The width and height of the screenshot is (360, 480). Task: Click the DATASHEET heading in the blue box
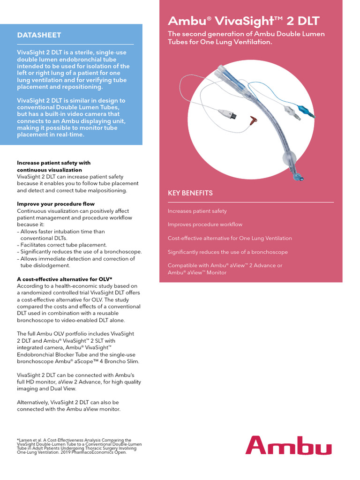(39, 35)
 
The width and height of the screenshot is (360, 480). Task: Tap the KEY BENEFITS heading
(190, 193)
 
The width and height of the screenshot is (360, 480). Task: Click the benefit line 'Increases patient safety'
(197, 211)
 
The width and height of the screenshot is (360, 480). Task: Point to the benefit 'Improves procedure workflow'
(205, 225)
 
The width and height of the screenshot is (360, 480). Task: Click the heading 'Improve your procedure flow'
(56, 204)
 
